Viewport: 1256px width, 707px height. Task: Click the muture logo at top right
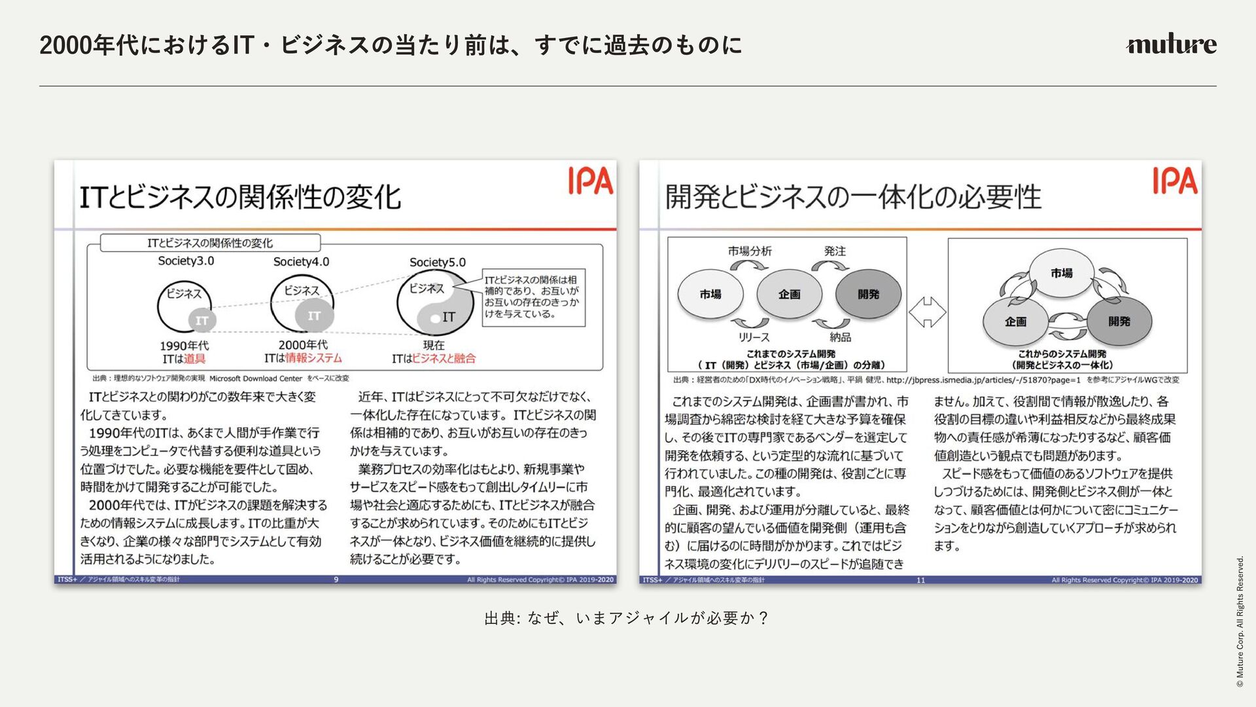click(x=1171, y=44)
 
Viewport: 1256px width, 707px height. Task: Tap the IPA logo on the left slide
click(x=590, y=181)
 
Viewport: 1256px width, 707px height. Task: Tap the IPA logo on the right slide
click(x=1175, y=181)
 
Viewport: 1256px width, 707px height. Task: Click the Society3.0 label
click(x=186, y=261)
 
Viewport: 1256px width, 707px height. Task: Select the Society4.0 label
click(x=301, y=262)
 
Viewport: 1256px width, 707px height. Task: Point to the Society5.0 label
click(x=438, y=263)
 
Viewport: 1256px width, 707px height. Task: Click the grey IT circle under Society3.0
click(x=202, y=321)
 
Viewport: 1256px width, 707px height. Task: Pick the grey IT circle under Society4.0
click(x=314, y=316)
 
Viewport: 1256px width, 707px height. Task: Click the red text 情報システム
click(x=313, y=358)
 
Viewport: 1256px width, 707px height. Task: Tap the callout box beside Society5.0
click(x=533, y=297)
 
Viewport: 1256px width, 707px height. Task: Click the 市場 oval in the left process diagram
click(x=710, y=295)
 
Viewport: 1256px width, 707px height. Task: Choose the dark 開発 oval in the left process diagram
click(x=868, y=295)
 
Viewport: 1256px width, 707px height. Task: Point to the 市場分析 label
click(x=750, y=251)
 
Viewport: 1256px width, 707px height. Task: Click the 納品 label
click(x=840, y=337)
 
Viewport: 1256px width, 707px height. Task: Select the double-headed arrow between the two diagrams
click(x=927, y=312)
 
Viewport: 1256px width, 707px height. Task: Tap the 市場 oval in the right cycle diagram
click(x=1061, y=273)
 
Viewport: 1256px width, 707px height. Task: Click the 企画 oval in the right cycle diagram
click(x=1015, y=321)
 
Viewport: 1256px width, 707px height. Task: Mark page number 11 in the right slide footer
click(x=920, y=580)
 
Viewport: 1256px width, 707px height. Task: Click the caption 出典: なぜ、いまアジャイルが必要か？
click(x=627, y=618)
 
